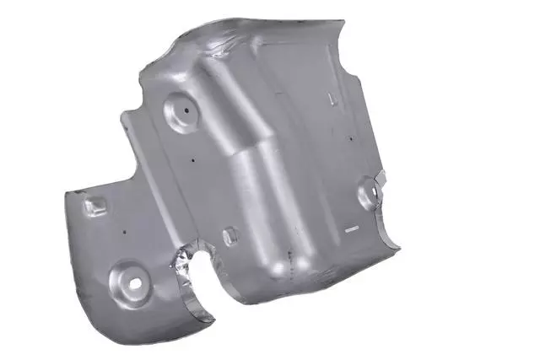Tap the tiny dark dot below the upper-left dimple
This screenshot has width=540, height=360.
pyautogui.click(x=193, y=159)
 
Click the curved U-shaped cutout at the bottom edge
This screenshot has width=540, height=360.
pyautogui.click(x=202, y=287)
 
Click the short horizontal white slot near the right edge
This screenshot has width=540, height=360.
pyautogui.click(x=351, y=228)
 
